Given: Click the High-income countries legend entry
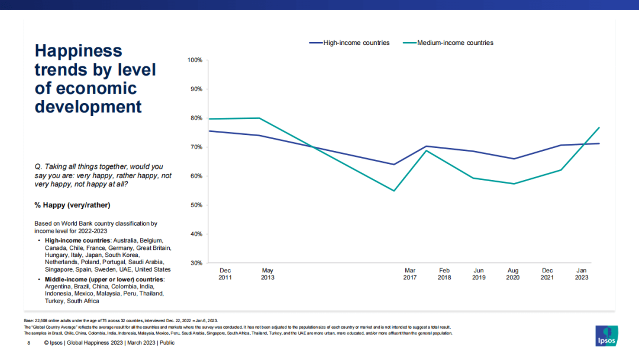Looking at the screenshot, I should tap(356, 43).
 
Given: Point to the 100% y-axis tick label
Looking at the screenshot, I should tap(195, 60).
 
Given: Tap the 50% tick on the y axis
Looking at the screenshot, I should tap(196, 205).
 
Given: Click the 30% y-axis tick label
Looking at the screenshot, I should tap(196, 263).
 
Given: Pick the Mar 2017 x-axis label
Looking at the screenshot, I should tap(410, 274).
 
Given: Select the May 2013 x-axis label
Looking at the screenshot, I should tap(267, 274).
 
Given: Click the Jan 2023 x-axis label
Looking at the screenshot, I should tap(582, 274).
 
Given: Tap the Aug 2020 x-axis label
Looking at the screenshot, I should tap(513, 274).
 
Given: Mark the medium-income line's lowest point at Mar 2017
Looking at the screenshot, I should tap(393, 191).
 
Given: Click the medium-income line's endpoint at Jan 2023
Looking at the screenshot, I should tap(599, 127).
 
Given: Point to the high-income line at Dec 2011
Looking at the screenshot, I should tap(209, 131).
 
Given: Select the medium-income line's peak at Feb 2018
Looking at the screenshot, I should tap(427, 150).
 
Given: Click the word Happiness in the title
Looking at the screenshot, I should tap(78, 51).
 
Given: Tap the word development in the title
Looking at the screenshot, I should tap(88, 107).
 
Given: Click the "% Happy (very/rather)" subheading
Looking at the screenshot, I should tap(72, 205).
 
